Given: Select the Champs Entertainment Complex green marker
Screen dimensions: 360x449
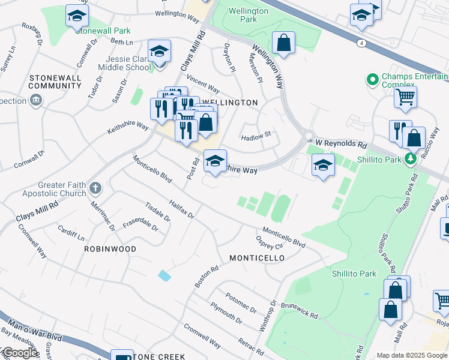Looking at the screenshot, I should click(x=372, y=79).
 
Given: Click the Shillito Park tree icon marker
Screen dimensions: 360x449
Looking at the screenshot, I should click(x=410, y=159).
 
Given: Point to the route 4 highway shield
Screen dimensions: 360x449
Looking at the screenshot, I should click(x=361, y=43).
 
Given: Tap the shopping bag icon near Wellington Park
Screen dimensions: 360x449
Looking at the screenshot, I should click(x=283, y=43).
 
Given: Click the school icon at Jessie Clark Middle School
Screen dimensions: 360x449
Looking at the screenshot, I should click(x=160, y=51).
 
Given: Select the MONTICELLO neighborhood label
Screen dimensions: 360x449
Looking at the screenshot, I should click(x=257, y=258).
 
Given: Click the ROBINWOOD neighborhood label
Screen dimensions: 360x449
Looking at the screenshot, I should click(x=110, y=248).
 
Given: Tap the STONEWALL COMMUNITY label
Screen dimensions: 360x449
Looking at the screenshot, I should click(x=56, y=82).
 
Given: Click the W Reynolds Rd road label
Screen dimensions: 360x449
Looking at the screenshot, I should click(x=341, y=145).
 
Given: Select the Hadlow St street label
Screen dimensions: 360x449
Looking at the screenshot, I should click(x=256, y=137).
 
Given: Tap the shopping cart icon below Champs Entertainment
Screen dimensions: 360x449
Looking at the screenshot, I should click(x=406, y=96).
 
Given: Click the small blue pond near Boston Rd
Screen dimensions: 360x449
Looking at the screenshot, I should click(x=164, y=275).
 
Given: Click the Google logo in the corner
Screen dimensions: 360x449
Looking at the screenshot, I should click(x=20, y=353).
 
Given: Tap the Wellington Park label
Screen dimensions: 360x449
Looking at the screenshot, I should click(x=245, y=15).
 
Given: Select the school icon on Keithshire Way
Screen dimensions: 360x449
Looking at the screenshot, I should click(x=215, y=160).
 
